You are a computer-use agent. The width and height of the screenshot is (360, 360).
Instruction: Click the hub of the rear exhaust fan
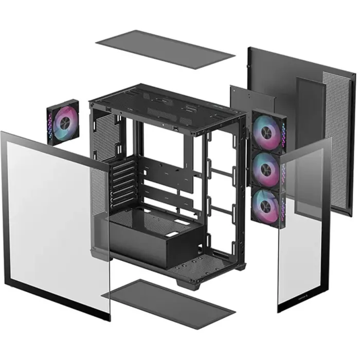65,122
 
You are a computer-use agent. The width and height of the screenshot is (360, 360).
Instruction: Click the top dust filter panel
165,49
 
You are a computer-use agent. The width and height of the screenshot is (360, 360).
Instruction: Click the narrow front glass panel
303,226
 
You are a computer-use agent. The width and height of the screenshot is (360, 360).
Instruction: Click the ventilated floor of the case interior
206,262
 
